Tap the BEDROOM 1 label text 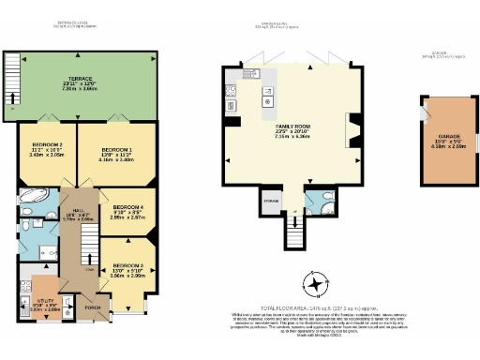(116, 150)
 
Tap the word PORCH (93, 307)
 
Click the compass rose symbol (317, 282)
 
